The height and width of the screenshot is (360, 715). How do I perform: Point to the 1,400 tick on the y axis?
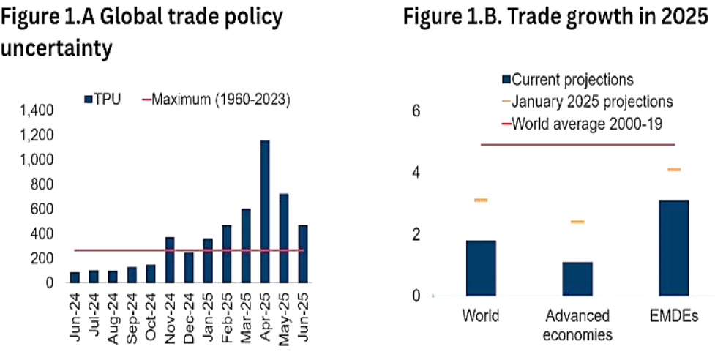point(37,111)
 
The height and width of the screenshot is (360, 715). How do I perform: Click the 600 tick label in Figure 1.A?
point(42,209)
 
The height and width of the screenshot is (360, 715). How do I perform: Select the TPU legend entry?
point(102,99)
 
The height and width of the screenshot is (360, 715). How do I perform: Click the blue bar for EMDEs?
point(674,248)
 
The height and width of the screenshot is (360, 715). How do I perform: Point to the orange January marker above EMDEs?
point(674,170)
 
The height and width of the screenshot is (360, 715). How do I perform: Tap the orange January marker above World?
point(481,200)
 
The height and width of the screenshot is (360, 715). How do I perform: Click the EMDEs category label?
point(674,317)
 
